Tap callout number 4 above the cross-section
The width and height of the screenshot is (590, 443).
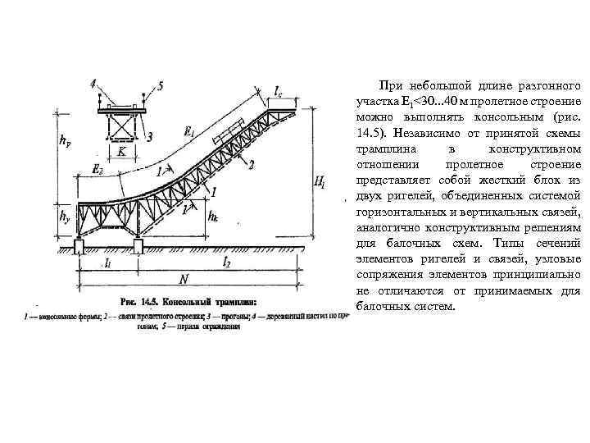(93, 83)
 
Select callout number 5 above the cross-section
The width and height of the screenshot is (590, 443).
(161, 84)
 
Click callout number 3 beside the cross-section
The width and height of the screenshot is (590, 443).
(149, 137)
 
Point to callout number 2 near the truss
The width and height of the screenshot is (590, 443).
(251, 164)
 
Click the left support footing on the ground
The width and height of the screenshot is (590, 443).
(79, 245)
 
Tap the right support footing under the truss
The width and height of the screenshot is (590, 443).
(139, 245)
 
